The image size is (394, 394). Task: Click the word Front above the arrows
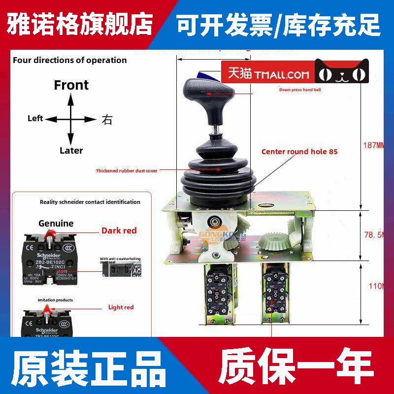[x=71, y=85]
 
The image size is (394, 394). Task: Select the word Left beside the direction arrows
[x=35, y=119]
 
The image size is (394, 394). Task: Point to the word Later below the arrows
[x=71, y=151]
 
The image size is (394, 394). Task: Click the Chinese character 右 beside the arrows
[x=107, y=119]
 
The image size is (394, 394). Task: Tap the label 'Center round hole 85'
[x=299, y=152]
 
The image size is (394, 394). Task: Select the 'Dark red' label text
[x=119, y=230]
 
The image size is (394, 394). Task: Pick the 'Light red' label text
[x=122, y=307]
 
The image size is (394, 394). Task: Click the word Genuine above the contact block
[x=56, y=223]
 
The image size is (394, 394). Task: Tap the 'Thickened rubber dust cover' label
[x=127, y=171]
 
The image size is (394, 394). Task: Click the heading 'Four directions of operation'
[x=69, y=60]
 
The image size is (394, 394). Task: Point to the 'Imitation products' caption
[x=55, y=300]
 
